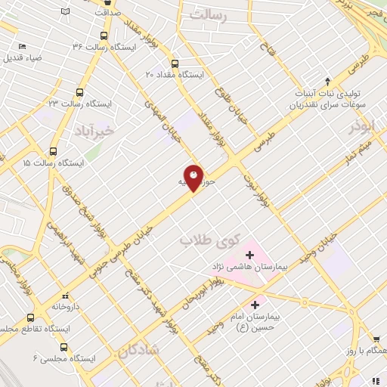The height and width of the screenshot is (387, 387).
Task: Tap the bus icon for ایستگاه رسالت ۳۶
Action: (x=104, y=35)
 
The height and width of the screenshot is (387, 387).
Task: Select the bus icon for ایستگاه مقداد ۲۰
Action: (x=175, y=63)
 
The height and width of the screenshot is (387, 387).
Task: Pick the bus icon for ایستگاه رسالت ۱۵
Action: (x=53, y=151)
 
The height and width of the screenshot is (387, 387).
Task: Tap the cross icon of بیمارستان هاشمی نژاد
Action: (x=249, y=255)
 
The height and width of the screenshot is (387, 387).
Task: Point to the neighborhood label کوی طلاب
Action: (x=209, y=240)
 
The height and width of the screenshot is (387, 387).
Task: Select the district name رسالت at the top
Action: (x=210, y=14)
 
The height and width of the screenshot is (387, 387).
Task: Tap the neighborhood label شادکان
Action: (x=138, y=349)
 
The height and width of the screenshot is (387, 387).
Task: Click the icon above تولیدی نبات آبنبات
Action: (x=327, y=81)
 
